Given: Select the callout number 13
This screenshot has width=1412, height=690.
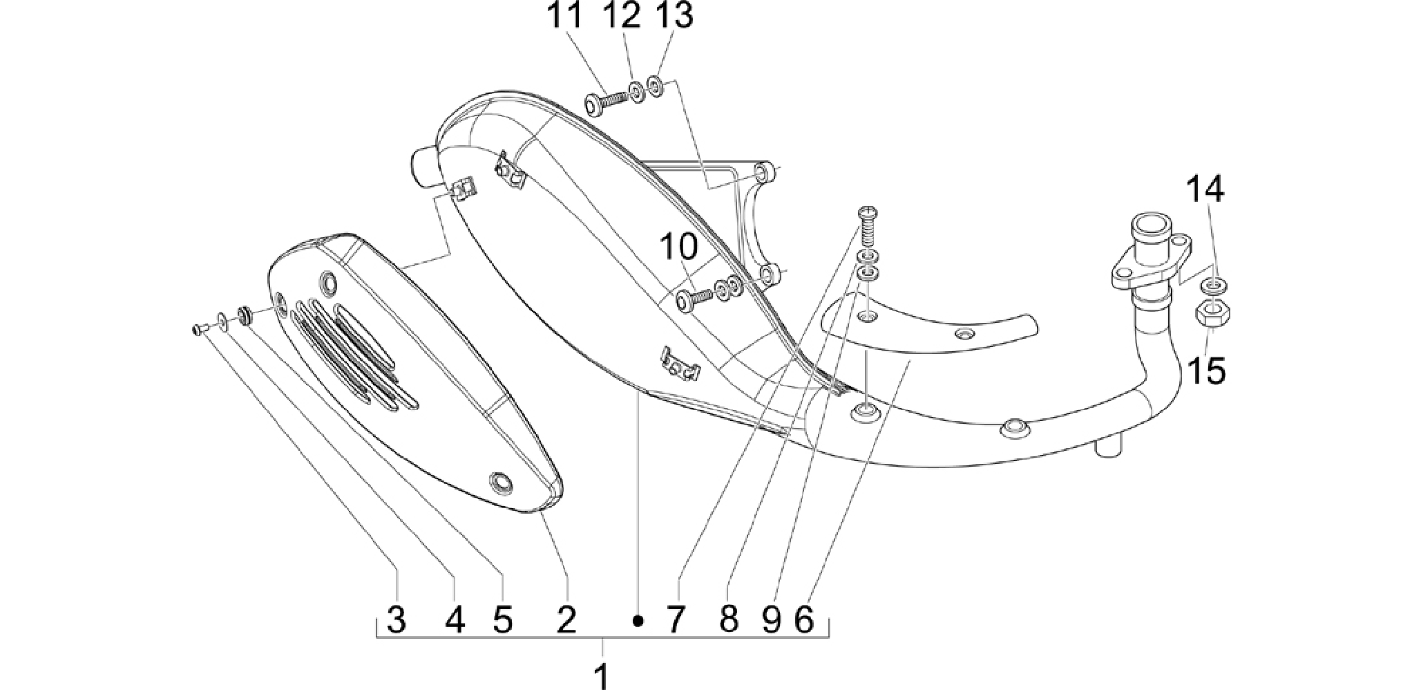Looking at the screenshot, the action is [x=674, y=16].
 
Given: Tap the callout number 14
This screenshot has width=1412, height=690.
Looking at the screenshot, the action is [x=1205, y=189].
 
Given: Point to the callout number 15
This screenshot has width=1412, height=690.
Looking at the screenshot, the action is [x=1206, y=371].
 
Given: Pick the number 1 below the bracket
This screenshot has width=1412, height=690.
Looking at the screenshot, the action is [x=602, y=675].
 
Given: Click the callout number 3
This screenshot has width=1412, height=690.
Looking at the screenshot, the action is [x=396, y=619].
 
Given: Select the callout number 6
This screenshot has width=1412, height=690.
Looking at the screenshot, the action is [x=804, y=619].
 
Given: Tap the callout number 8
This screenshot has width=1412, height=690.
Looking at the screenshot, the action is [x=728, y=619].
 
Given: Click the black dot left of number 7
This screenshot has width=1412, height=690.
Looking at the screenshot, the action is [x=639, y=621].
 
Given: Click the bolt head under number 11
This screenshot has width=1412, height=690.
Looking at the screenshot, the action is [x=593, y=104].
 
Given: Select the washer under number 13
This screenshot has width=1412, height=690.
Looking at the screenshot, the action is [x=655, y=87].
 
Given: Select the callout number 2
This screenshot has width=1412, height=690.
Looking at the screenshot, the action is [x=566, y=619].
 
